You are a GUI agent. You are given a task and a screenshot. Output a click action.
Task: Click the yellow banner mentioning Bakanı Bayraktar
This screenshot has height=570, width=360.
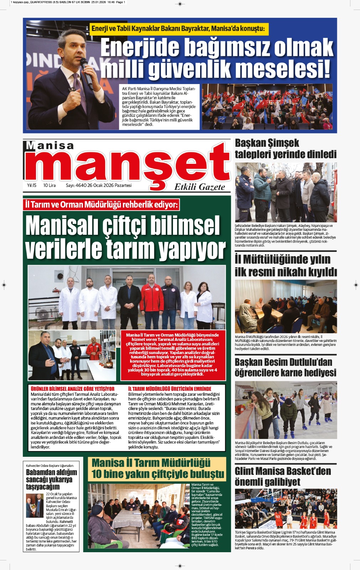pos(179,29)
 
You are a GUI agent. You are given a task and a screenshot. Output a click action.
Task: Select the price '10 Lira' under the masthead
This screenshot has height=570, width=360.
pos(49,185)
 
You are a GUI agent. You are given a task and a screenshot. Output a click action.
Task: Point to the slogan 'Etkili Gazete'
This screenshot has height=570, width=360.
pos(199,187)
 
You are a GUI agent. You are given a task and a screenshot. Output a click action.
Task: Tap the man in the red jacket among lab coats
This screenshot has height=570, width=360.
pos(152,303)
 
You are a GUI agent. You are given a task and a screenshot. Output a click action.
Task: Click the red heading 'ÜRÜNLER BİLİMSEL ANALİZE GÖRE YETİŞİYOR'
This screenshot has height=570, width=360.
pos(73,389)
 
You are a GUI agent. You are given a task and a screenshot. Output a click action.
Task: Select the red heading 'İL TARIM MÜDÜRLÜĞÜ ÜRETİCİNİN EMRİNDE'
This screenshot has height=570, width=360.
pos(169,389)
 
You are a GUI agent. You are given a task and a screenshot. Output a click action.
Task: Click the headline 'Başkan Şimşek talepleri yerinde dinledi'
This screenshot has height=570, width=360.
pos(285,149)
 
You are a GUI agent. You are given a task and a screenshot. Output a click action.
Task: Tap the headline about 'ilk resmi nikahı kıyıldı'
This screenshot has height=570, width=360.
pos(285,265)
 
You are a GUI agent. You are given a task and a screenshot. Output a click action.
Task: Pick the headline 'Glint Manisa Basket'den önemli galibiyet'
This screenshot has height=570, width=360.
pos(283,476)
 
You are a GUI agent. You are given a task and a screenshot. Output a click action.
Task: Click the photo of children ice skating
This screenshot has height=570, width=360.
pos(286,410)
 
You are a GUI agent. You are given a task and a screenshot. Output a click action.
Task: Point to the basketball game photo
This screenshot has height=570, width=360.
pos(286,509)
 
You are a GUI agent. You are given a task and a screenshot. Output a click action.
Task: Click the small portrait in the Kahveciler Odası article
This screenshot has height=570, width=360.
pos(35,506)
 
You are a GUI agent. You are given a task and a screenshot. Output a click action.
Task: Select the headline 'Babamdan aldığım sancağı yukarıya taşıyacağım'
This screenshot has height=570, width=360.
pos(51,479)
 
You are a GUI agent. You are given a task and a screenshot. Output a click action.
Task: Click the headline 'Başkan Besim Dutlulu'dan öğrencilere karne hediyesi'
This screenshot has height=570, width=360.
pos(285,367)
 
